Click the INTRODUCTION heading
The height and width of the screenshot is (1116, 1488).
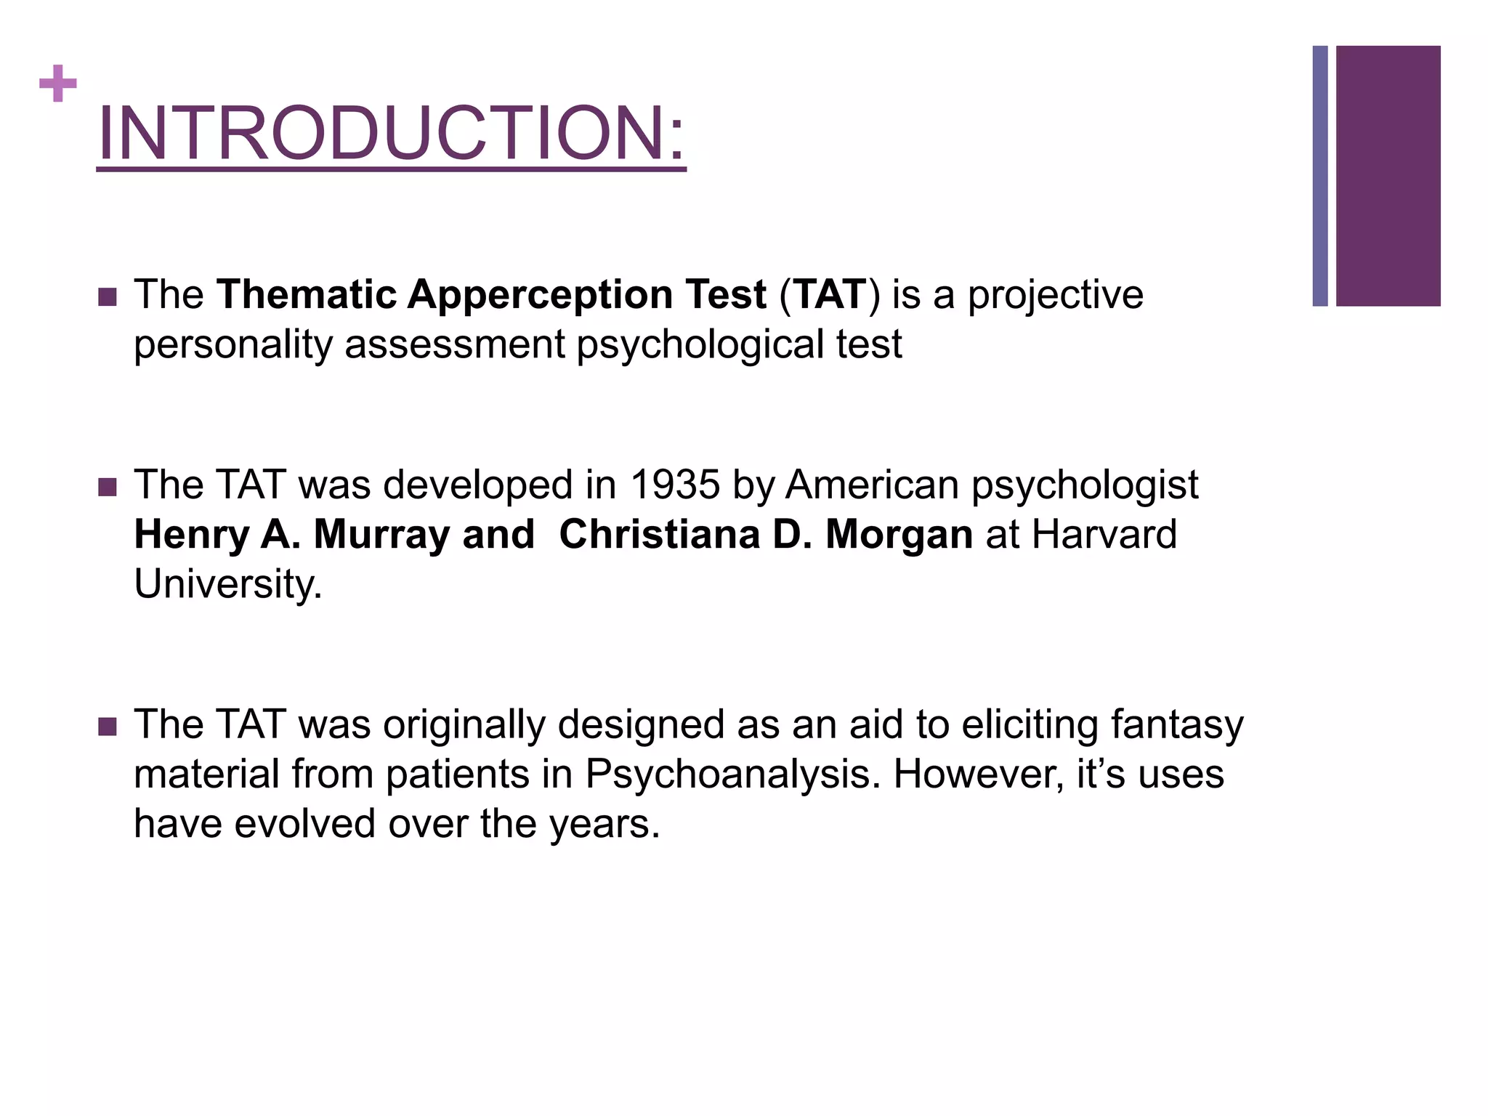point(391,134)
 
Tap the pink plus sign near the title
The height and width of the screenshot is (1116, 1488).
point(58,84)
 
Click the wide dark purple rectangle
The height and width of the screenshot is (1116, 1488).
point(1388,176)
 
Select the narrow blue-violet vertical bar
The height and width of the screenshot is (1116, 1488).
point(1320,176)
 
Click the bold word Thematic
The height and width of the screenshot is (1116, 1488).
point(307,295)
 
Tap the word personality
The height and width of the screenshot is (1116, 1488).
point(233,345)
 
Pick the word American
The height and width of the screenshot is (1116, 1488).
point(873,485)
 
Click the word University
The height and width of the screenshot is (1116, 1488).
point(227,584)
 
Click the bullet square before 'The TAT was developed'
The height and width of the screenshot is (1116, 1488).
point(108,486)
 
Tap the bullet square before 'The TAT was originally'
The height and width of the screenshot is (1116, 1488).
point(108,726)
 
